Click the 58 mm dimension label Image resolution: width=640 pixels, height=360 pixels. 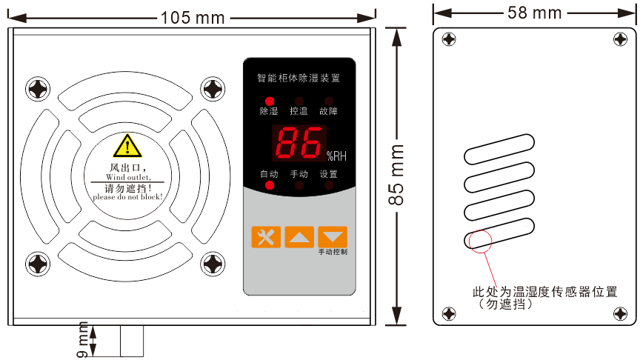(x=535, y=12)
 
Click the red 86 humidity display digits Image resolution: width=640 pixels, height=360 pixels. (x=299, y=143)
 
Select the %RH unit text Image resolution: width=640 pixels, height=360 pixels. (x=336, y=156)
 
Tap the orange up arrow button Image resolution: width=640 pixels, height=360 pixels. (x=299, y=237)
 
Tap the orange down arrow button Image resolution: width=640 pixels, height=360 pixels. (x=333, y=237)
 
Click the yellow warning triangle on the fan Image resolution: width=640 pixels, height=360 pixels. (x=127, y=145)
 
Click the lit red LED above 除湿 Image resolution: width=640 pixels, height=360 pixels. (x=269, y=101)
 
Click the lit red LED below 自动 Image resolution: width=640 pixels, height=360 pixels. (x=269, y=185)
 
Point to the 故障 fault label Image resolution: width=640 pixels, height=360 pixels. (x=328, y=112)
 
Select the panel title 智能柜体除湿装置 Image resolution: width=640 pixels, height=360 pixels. (x=299, y=77)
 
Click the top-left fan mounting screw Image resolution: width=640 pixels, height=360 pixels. (x=38, y=90)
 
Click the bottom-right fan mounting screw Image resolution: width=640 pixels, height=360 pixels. (x=213, y=264)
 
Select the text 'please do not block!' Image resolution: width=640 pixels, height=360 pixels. (x=127, y=198)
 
